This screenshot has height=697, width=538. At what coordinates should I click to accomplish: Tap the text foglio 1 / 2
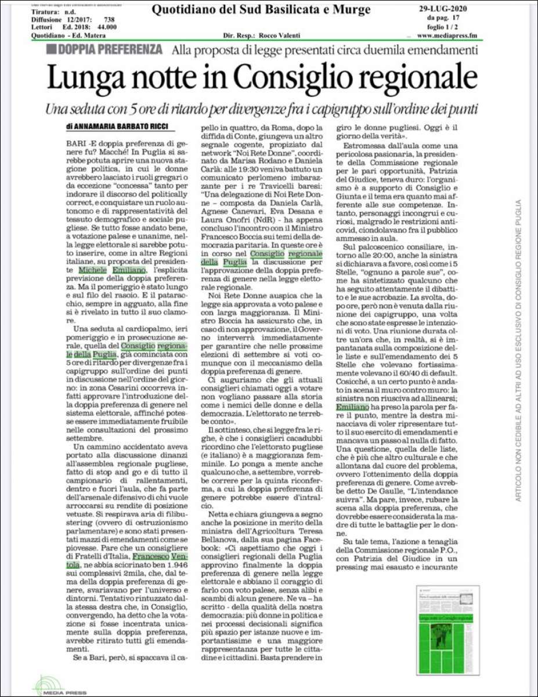pyautogui.click(x=448, y=27)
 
